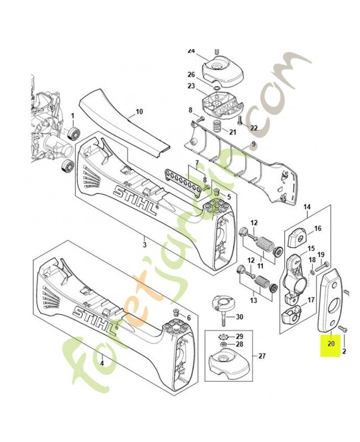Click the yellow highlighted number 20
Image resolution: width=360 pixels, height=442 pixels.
click(331, 344)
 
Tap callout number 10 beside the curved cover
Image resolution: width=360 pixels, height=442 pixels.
click(140, 112)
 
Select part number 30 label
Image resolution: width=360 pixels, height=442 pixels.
click(239, 317)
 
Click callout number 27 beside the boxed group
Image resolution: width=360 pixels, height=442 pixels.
click(262, 356)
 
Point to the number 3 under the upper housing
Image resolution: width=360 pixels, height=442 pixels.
click(145, 244)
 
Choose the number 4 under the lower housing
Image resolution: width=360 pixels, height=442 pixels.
click(102, 364)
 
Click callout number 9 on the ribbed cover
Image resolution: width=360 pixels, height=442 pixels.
click(253, 144)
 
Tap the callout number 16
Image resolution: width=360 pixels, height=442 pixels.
click(317, 228)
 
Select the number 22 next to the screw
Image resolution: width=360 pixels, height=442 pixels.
click(254, 128)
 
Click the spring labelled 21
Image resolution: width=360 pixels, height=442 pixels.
click(216, 126)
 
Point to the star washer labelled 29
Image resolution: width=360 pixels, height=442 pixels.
click(224, 337)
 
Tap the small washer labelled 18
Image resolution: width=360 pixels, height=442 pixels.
click(312, 272)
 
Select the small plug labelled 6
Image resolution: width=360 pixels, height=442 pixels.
click(176, 313)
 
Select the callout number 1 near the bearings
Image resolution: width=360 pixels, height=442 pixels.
click(72, 116)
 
